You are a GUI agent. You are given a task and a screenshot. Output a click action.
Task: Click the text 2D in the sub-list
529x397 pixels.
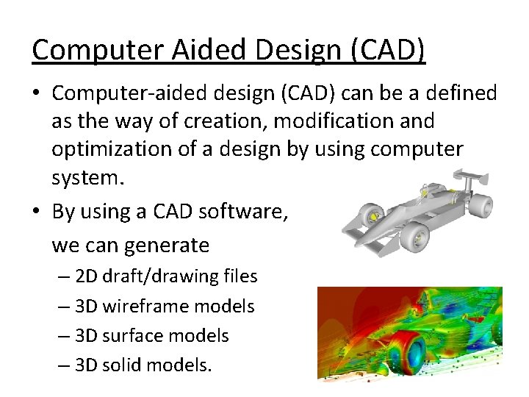pyautogui.click(x=86, y=276)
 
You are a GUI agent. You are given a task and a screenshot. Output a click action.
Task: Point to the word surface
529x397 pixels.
pyautogui.click(x=130, y=336)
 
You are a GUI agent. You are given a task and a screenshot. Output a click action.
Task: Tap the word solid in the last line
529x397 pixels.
pyautogui.click(x=121, y=365)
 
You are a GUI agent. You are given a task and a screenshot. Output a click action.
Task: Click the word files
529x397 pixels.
pyautogui.click(x=238, y=276)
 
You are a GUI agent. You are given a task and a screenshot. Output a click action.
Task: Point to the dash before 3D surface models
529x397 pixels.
pyautogui.click(x=65, y=336)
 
